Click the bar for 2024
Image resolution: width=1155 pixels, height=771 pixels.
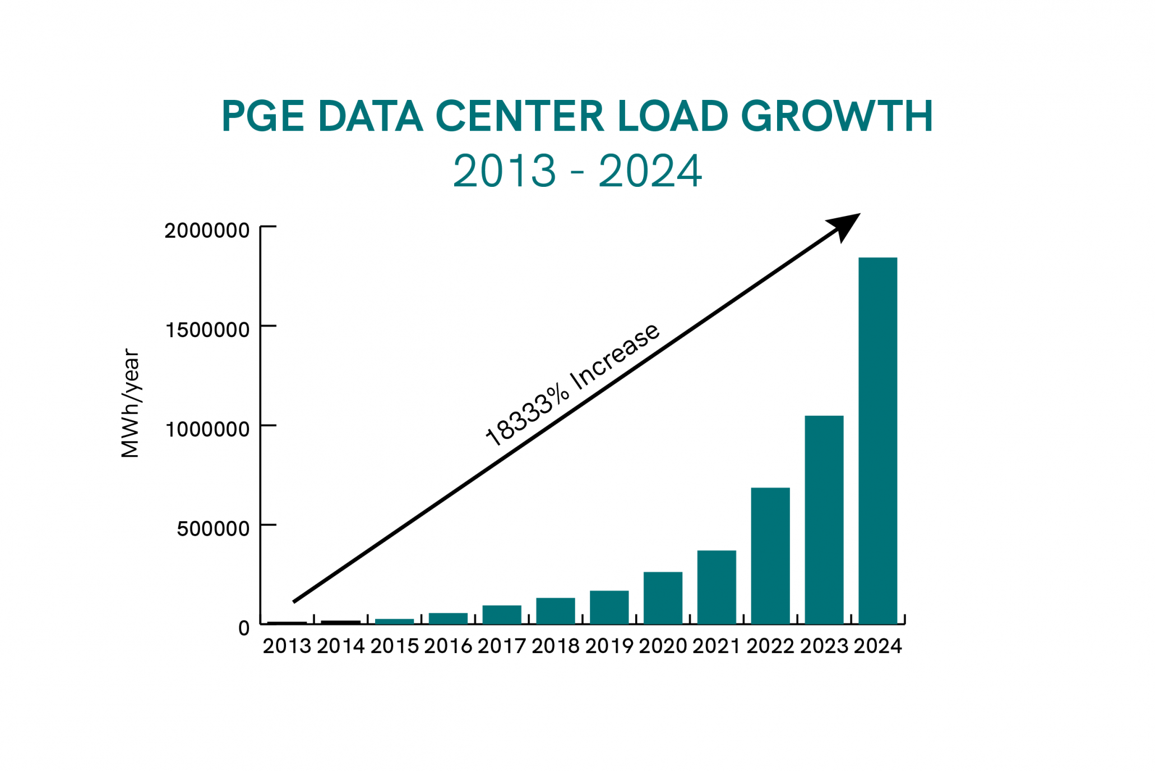877,440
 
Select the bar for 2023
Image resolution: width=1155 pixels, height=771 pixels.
824,520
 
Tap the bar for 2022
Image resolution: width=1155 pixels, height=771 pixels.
770,556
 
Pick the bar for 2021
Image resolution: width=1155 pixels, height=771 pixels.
717,587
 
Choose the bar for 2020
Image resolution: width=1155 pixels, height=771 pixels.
663,598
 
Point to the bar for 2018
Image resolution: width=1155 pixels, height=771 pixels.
555,611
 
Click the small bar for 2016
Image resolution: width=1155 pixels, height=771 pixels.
448,618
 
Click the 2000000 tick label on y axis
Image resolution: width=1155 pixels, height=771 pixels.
207,231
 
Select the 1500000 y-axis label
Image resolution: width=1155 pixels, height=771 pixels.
207,330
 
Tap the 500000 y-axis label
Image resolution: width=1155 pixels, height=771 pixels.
213,529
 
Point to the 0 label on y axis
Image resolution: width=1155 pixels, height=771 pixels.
244,628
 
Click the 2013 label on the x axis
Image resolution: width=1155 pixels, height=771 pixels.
287,646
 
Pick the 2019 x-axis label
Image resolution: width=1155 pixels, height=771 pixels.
609,646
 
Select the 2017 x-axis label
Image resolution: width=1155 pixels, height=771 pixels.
502,646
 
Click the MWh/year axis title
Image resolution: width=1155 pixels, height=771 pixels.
130,403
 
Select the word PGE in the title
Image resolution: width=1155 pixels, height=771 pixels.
262,116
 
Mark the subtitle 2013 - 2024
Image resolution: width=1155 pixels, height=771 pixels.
577,171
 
